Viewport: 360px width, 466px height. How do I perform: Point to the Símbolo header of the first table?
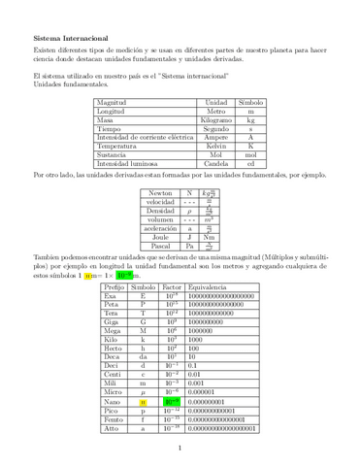(250, 102)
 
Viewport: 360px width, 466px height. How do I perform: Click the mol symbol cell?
(250, 153)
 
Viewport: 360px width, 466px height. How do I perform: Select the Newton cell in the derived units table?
(160, 192)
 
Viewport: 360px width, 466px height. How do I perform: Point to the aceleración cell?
(160, 225)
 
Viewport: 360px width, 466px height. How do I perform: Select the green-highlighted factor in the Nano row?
(171, 400)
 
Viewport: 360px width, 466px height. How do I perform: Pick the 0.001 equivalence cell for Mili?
(201, 383)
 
